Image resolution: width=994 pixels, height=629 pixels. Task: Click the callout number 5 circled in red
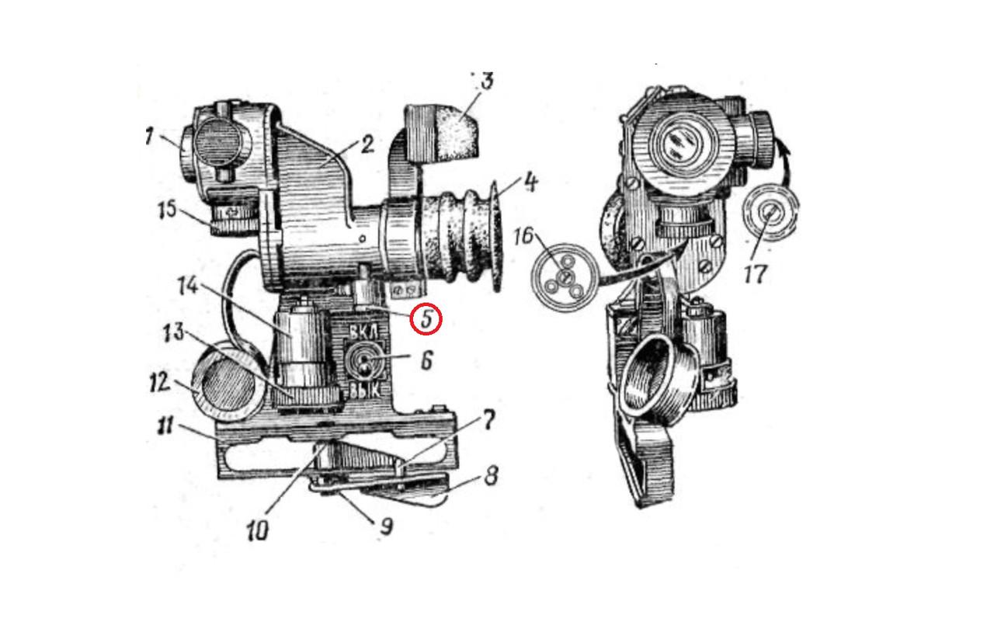[426, 319]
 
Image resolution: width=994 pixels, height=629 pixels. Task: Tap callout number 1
[150, 136]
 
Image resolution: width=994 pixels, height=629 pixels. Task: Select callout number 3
[486, 82]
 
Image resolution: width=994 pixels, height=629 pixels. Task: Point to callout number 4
[530, 183]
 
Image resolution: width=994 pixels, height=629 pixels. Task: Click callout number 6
[426, 362]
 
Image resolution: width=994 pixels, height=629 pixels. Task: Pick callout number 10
[258, 530]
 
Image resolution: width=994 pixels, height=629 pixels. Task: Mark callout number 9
[386, 527]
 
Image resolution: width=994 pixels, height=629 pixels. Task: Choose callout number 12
[160, 382]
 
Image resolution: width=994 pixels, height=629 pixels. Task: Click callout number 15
[168, 210]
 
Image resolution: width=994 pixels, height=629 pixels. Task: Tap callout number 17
[756, 274]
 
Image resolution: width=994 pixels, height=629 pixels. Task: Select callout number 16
[523, 236]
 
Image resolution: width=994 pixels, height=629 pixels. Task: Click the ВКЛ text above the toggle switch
[365, 332]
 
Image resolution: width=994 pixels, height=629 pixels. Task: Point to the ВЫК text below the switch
[365, 391]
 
